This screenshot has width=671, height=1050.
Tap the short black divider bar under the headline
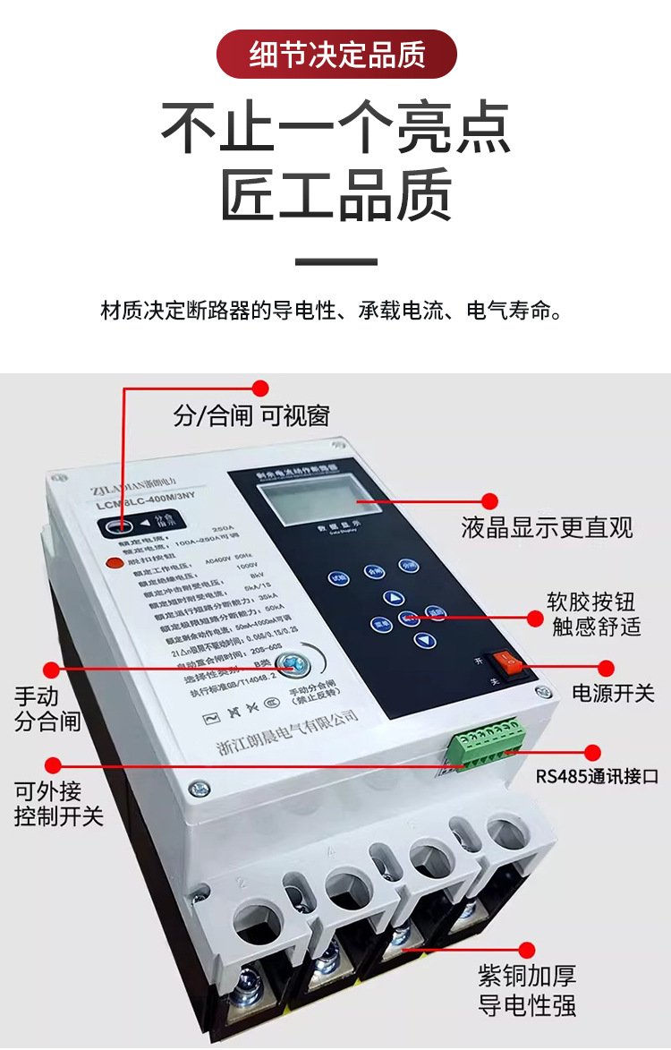[x=336, y=262]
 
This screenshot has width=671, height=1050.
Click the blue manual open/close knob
[x=289, y=664]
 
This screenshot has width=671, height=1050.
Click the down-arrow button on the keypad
[x=423, y=639]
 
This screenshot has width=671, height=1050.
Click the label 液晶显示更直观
[x=547, y=527]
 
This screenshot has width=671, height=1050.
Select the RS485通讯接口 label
[x=597, y=776]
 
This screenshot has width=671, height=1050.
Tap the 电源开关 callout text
[x=614, y=692]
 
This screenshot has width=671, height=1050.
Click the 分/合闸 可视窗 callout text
[x=251, y=415]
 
